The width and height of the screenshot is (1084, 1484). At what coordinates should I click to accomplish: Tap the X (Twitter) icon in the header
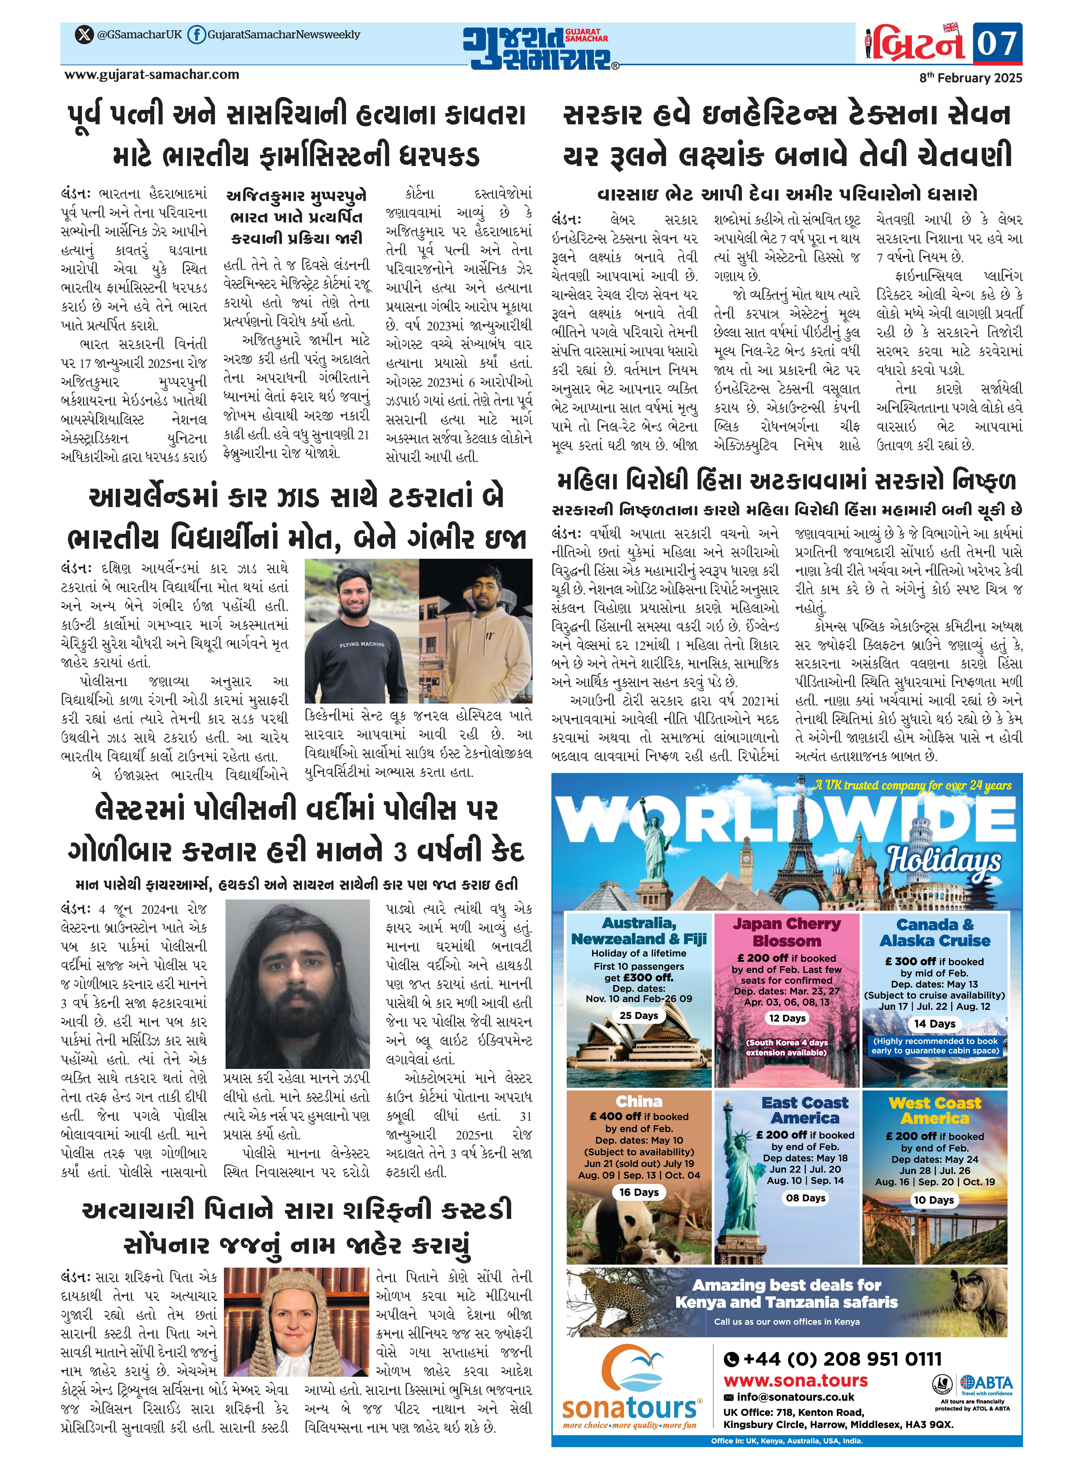(84, 35)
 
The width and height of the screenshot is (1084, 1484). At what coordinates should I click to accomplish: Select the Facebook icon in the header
(196, 35)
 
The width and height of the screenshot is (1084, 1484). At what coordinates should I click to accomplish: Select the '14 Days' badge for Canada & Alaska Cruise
(934, 1023)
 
